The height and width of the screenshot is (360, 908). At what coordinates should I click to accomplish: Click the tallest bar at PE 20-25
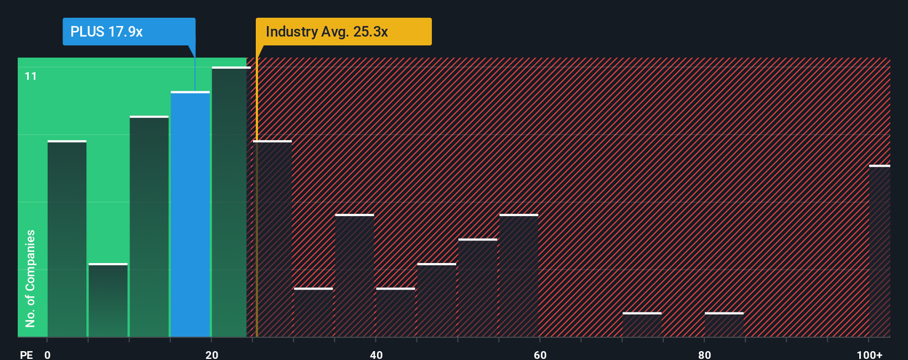click(231, 202)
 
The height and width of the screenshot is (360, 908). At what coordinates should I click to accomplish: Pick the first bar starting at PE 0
click(67, 239)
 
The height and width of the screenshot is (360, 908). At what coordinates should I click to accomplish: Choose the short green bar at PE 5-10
click(108, 300)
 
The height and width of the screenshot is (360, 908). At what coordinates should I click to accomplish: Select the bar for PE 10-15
click(149, 227)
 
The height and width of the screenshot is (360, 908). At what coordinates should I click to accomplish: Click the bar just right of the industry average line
click(272, 239)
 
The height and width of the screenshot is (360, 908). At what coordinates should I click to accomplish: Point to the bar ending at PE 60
click(519, 275)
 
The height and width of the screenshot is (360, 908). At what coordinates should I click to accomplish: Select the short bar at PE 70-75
click(642, 325)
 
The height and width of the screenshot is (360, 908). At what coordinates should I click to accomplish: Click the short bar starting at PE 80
click(724, 325)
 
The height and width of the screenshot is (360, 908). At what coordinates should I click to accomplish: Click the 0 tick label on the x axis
click(48, 354)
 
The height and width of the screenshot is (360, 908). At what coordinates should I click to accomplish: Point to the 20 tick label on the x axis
click(212, 354)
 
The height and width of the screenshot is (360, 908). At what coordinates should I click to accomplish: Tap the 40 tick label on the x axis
click(376, 354)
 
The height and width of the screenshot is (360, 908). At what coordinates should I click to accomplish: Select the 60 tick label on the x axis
click(540, 354)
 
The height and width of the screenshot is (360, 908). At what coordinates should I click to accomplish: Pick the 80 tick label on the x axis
click(704, 354)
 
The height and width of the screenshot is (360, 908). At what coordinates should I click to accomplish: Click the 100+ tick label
click(869, 354)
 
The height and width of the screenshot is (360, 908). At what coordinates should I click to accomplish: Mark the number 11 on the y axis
click(31, 76)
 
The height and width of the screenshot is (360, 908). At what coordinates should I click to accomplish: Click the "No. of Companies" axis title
click(30, 278)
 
